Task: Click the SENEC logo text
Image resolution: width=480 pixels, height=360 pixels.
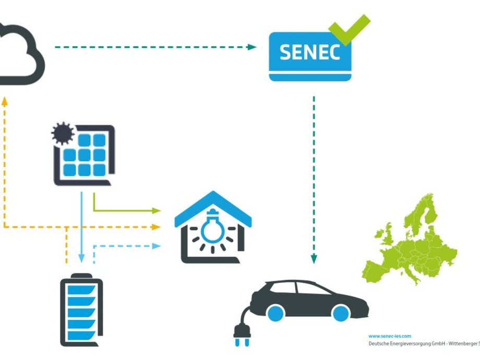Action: point(310,52)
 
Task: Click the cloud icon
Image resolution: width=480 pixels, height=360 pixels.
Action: point(21,55)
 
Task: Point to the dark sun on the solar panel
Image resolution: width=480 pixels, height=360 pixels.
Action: point(63,134)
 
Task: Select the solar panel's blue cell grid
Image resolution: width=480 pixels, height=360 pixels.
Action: point(85,155)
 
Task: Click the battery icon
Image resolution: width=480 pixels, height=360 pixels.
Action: point(81,310)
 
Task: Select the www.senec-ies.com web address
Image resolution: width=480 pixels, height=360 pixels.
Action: point(390,337)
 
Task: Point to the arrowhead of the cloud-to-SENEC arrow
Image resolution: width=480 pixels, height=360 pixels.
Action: point(252,47)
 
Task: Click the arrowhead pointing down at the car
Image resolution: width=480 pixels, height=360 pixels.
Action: point(314,259)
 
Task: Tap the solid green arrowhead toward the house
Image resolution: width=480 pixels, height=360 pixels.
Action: point(156,211)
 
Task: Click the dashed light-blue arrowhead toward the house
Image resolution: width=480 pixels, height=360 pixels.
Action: point(156,246)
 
